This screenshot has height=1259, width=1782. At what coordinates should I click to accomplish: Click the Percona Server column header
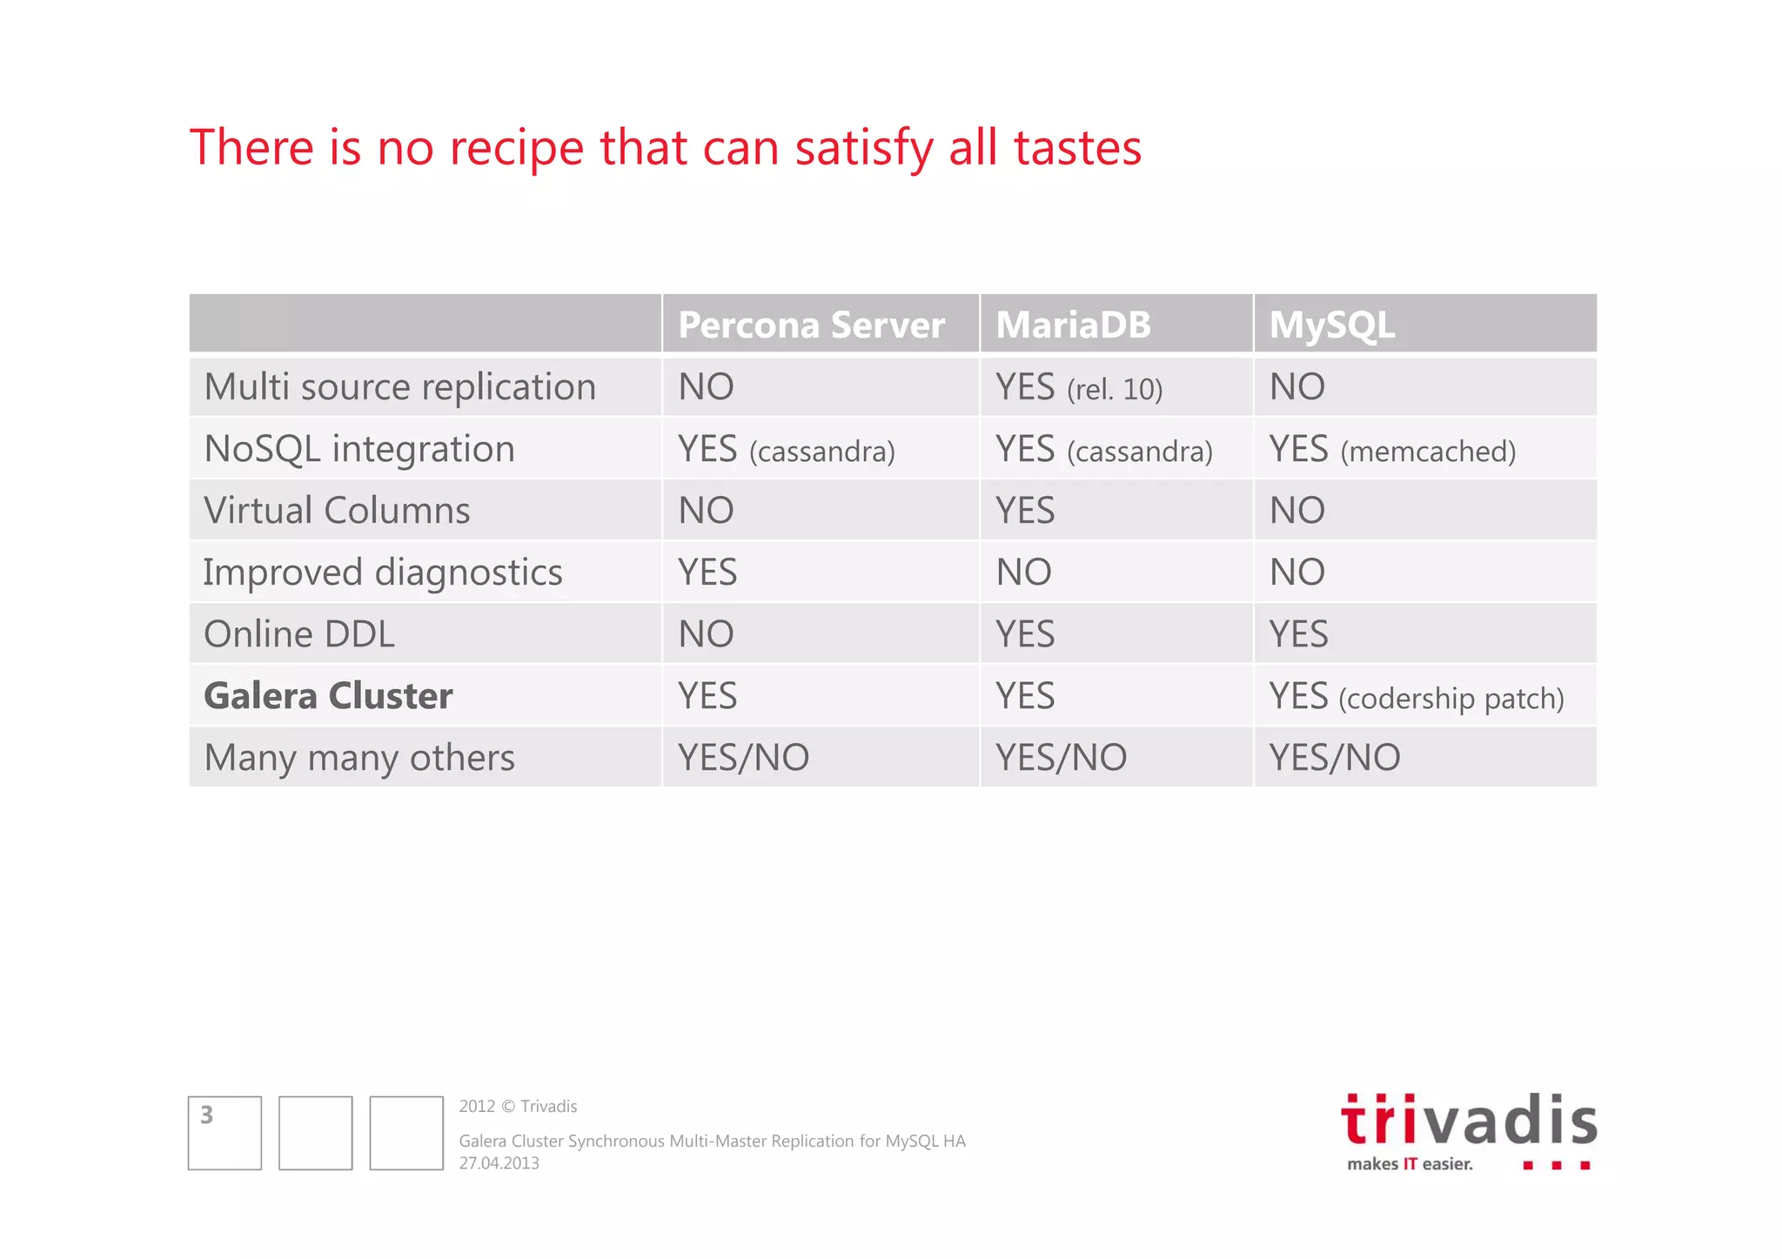[x=811, y=325]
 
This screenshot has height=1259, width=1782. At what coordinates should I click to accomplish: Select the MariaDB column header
[x=1073, y=325]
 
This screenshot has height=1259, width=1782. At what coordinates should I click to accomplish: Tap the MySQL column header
[x=1332, y=325]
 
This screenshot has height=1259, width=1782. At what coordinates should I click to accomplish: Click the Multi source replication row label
[x=399, y=387]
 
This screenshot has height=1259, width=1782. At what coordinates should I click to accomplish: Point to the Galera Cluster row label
[x=328, y=696]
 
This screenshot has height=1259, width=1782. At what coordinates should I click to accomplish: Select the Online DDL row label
[x=299, y=634]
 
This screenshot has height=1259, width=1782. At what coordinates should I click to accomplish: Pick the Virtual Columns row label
[x=337, y=511]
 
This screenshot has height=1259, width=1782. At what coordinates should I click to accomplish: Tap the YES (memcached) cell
[x=1392, y=450]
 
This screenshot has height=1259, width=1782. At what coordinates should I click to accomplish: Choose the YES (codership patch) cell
[x=1416, y=697]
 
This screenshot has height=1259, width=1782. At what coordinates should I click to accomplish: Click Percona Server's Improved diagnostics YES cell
[x=707, y=573]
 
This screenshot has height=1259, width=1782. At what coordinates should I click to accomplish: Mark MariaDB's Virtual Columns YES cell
[x=1025, y=511]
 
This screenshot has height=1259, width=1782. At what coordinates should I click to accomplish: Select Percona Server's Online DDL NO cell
[x=706, y=634]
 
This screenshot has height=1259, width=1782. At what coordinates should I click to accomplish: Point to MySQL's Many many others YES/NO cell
[x=1335, y=758]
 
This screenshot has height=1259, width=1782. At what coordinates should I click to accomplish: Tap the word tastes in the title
[x=1077, y=148]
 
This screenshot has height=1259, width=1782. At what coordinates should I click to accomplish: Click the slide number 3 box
[x=224, y=1133]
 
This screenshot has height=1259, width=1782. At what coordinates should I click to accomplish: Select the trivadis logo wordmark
[x=1469, y=1121]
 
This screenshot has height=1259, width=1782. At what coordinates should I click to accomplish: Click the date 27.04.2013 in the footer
[x=499, y=1163]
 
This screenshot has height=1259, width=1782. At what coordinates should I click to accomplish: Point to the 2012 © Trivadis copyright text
[x=518, y=1106]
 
